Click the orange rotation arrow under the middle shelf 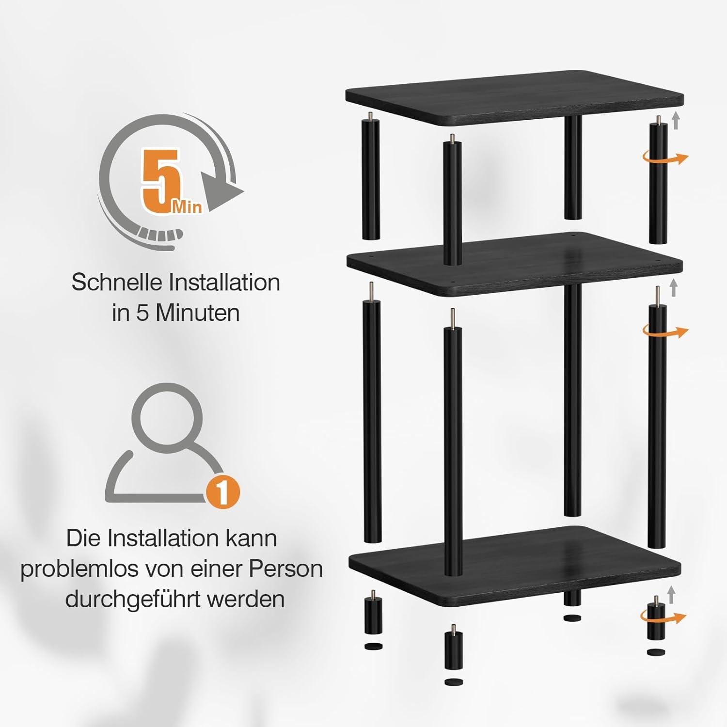(665, 332)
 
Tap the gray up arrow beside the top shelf (676, 120)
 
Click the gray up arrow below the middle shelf (673, 288)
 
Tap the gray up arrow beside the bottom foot (671, 594)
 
